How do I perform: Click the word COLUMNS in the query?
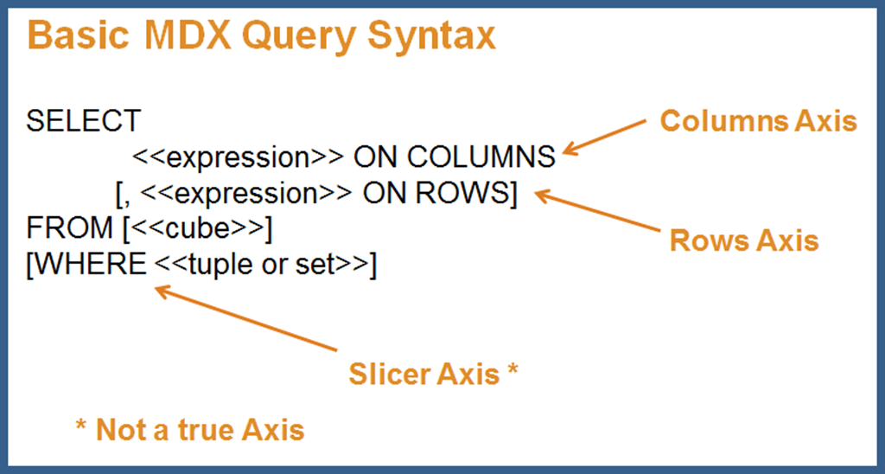[x=481, y=157]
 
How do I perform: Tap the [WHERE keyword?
[x=86, y=266]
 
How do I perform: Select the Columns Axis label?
[x=758, y=121]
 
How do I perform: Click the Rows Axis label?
[x=743, y=240]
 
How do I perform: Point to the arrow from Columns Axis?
[x=604, y=138]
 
